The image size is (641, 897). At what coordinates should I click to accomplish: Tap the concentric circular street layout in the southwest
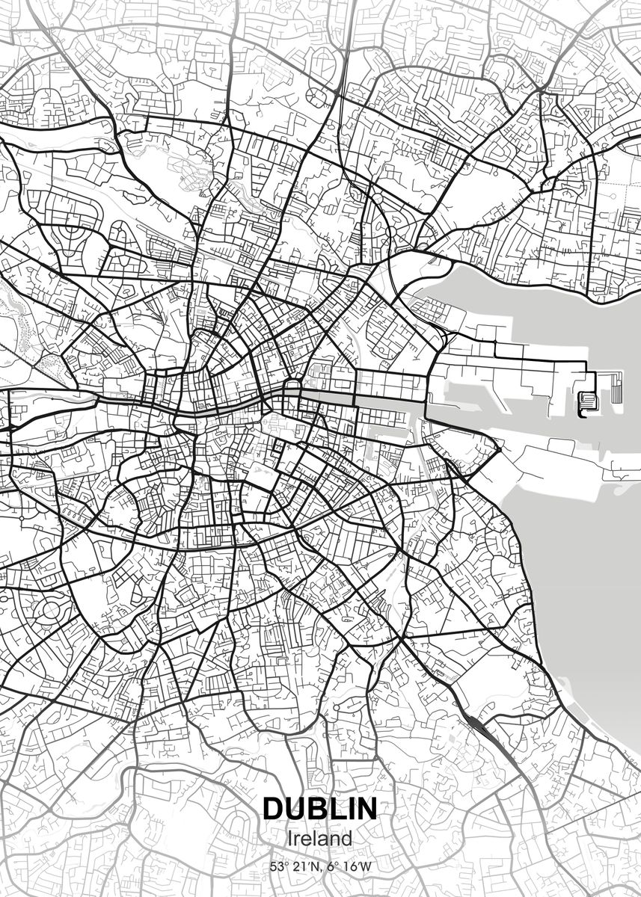coord(51,611)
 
